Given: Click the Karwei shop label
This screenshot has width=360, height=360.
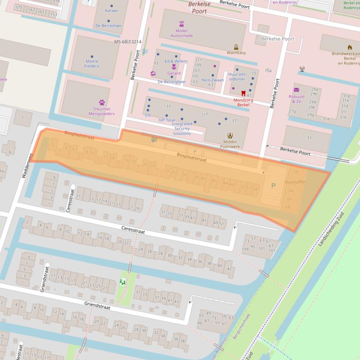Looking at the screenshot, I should pyautogui.click(x=111, y=10).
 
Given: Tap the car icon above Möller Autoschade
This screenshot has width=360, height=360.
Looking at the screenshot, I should pyautogui.click(x=181, y=24).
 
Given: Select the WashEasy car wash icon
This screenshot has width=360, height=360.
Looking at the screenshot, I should pyautogui.click(x=236, y=47).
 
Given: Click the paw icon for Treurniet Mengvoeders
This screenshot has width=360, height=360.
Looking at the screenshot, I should pyautogui.click(x=101, y=102).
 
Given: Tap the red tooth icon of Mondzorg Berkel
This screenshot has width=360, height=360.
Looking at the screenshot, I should pyautogui.click(x=243, y=94).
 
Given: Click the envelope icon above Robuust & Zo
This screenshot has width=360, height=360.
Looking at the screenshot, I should pyautogui.click(x=296, y=90).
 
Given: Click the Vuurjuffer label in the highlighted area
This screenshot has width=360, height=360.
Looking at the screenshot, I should pyautogui.click(x=295, y=182).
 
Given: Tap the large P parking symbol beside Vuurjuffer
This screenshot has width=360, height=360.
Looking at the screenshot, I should pyautogui.click(x=274, y=186).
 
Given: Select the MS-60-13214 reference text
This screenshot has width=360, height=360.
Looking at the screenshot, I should pyautogui.click(x=127, y=42).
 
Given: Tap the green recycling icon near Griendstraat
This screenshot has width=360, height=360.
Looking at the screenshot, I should pyautogui.click(x=122, y=281).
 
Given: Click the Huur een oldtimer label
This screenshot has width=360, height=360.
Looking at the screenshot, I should pyautogui.click(x=237, y=77).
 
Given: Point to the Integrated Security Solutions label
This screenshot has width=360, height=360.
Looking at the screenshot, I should pyautogui.click(x=182, y=129).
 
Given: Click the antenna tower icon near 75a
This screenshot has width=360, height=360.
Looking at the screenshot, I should pyautogui.click(x=302, y=69).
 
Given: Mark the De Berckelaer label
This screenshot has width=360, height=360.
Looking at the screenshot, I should pyautogui.click(x=108, y=26).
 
